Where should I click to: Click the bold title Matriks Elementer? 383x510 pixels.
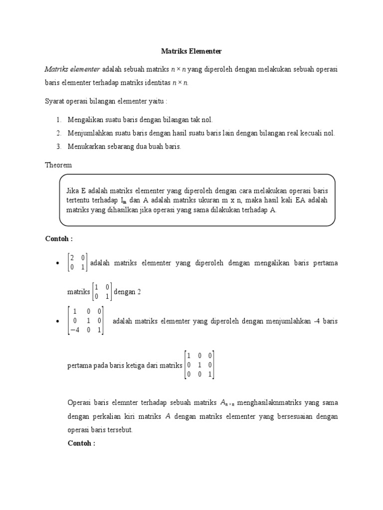click(191, 51)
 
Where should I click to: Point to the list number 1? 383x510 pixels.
click(58, 120)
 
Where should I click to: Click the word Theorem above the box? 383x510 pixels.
click(58, 165)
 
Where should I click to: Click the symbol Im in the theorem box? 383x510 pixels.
click(123, 200)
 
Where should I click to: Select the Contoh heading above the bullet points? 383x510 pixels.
click(59, 239)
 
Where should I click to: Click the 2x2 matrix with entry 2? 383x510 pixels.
click(77, 262)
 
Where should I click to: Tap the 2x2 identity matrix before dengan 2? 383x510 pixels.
click(102, 292)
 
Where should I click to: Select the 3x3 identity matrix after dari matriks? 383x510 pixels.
click(199, 366)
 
